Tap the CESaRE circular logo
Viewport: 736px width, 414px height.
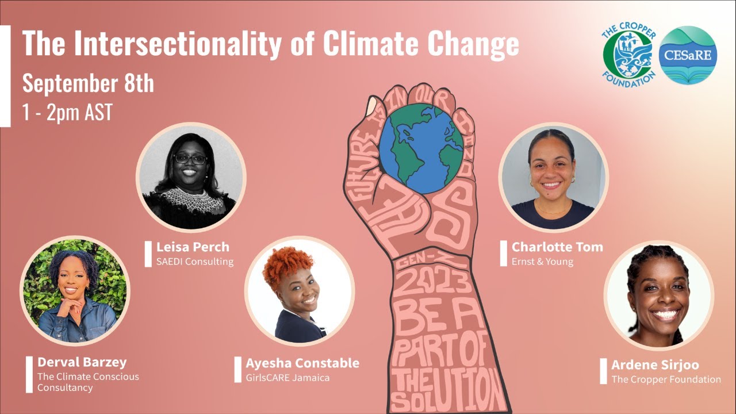point(687,56)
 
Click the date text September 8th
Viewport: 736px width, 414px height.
point(88,84)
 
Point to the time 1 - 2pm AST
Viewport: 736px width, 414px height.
point(67,112)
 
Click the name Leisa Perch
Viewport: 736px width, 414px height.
point(193,247)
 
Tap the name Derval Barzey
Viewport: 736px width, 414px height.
point(82,362)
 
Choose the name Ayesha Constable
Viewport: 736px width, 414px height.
point(302,363)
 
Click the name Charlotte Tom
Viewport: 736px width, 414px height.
point(557,247)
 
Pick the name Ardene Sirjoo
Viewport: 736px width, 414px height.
point(655,365)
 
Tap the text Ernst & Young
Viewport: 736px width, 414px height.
point(542,262)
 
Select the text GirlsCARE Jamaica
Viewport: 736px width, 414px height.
point(287,378)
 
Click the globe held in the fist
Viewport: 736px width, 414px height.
point(421,148)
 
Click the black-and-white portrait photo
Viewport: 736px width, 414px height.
point(190,177)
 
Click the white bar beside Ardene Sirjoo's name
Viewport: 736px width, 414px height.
point(603,371)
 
